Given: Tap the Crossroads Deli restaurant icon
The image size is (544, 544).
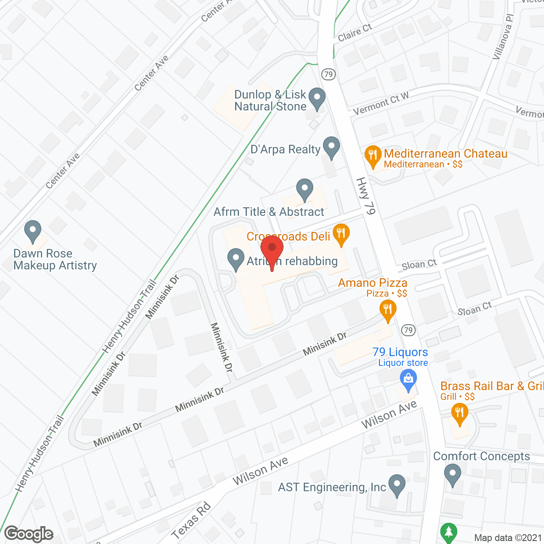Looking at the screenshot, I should point(340,234).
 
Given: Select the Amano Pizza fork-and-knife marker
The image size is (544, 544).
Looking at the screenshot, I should point(387,310).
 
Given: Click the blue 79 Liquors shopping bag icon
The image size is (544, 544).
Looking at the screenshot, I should point(408,380).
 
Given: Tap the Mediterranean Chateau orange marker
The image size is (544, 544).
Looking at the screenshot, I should point(373,156).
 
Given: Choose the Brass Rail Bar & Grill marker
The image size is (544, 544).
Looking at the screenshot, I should point(459,414).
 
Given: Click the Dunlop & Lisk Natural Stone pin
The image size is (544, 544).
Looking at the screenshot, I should point(317,98).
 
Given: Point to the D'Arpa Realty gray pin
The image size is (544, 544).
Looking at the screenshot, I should point(331,147).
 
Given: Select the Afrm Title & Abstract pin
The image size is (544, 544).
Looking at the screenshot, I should point(304,190).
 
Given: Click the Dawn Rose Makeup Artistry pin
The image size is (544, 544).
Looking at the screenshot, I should point(33,231).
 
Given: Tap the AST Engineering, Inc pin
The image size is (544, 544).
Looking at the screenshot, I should point(397,485).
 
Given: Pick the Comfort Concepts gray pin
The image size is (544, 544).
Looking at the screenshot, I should point(453,474).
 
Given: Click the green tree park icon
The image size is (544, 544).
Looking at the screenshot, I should point(449,533).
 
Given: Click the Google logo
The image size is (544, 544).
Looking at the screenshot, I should point(28,534).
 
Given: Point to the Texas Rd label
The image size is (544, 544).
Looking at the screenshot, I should point(191,521).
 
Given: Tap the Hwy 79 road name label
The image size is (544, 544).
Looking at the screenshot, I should point(366,196).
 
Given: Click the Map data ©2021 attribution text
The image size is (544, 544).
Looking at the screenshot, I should point(508,538).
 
